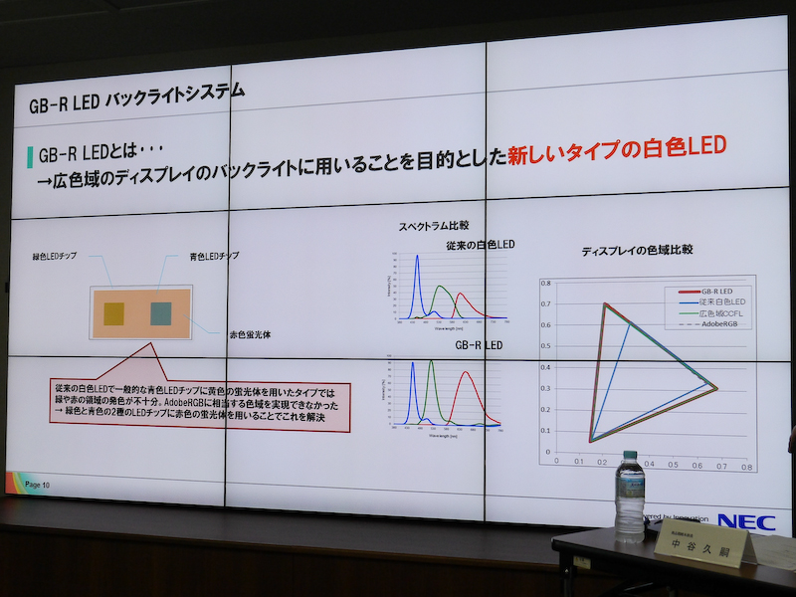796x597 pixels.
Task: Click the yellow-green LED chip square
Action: (113, 313)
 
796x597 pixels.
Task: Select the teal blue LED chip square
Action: (161, 313)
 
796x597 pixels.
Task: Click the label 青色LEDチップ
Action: (213, 257)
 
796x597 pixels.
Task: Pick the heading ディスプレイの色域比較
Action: (637, 251)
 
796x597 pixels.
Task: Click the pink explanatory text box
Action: (199, 403)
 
